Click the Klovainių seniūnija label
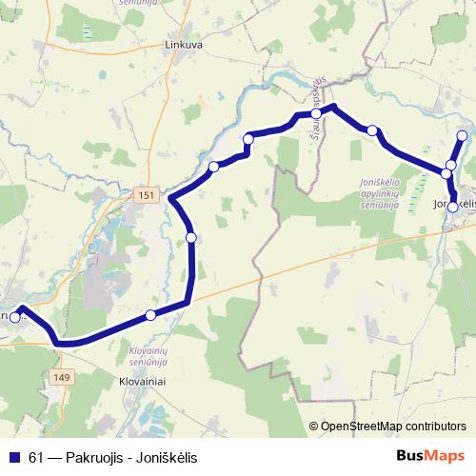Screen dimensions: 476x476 coord(147,357)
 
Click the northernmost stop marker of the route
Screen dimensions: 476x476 coord(463,136)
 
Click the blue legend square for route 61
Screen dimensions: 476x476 coord(13,457)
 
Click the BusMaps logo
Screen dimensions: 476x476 coord(431,456)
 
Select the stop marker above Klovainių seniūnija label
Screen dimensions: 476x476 coord(150,315)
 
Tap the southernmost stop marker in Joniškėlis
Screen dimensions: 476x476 coord(452,206)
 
